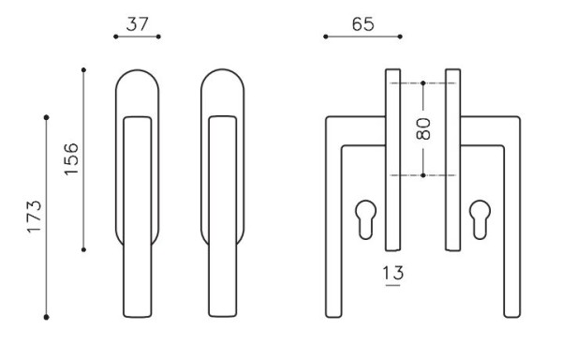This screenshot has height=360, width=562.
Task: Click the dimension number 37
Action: tap(137, 24)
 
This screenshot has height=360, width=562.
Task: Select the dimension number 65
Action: tap(362, 24)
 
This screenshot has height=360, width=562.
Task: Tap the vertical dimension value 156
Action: tap(71, 158)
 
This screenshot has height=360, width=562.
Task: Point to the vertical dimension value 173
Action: tap(35, 217)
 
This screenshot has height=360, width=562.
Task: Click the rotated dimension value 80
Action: tap(423, 128)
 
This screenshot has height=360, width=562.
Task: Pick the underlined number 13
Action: tap(392, 273)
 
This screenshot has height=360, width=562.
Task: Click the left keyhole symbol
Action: tap(366, 219)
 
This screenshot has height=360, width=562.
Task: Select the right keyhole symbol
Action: tap(481, 219)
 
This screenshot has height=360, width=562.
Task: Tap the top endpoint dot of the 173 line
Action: tap(46, 117)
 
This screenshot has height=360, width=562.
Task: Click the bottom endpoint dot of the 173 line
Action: tap(46, 317)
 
